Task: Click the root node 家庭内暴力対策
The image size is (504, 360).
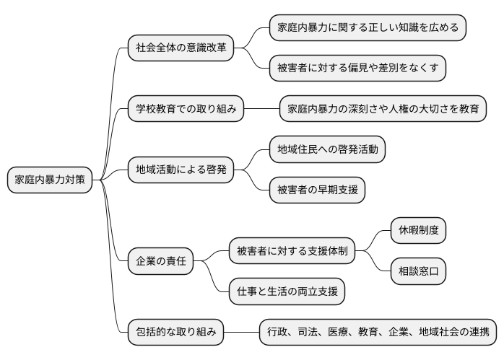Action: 50,180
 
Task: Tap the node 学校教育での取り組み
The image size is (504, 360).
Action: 186,110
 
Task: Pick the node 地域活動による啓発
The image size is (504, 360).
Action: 181,170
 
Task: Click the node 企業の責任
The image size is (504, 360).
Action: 160,261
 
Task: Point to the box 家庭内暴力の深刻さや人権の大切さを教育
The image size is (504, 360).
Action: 383,110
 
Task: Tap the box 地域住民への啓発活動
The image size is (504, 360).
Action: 326,149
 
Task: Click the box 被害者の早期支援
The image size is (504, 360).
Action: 316,190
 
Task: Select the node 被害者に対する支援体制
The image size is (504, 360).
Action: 292,252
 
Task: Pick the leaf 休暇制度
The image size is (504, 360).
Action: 418,231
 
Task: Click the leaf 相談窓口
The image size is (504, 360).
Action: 418,272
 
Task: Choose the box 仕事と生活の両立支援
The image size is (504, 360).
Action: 286,291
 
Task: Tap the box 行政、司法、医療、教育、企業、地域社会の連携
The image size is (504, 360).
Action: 378,333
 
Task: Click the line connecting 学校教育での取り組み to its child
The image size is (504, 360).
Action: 262,110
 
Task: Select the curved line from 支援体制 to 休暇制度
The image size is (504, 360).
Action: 375,240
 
